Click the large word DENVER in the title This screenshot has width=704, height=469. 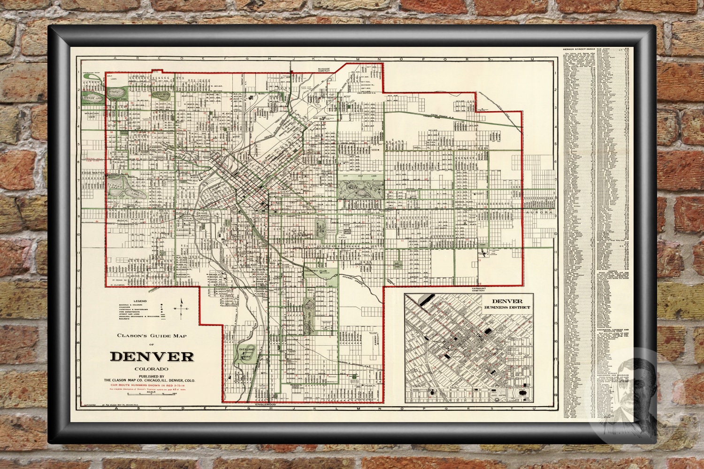click(152, 356)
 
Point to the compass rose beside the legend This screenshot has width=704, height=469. click(181, 308)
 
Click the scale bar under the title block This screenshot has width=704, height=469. click(151, 393)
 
